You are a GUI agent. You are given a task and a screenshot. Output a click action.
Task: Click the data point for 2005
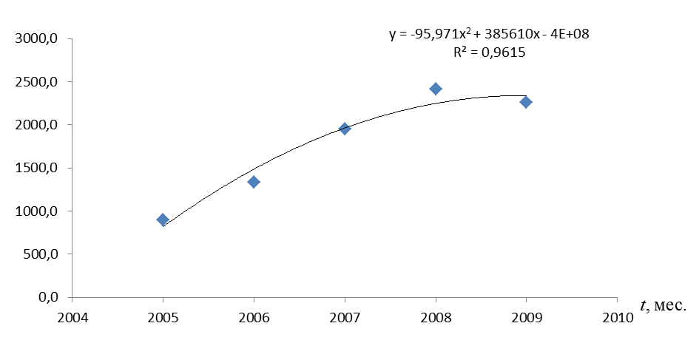[x=163, y=220]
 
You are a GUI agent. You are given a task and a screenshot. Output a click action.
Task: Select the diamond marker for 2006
[x=254, y=182]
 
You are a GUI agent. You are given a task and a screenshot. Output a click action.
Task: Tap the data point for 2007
[x=345, y=129]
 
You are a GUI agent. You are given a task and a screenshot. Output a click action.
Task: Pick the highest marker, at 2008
[x=436, y=89]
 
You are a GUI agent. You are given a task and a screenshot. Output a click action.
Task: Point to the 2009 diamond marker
[x=526, y=102]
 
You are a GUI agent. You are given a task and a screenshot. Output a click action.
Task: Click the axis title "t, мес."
[x=663, y=305]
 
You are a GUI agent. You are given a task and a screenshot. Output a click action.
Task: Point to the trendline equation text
[x=489, y=34]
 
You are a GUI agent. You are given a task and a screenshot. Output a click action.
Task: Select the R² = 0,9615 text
[x=489, y=52]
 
